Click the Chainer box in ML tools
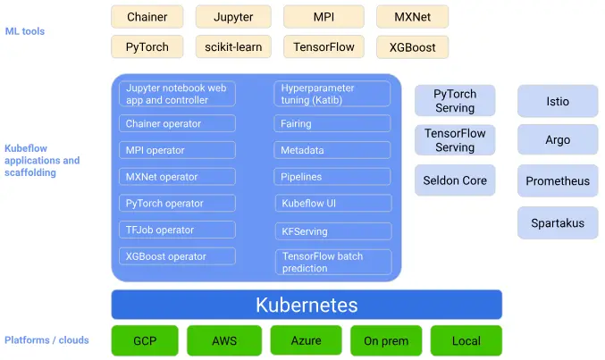click(147, 17)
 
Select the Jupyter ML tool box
click(232, 17)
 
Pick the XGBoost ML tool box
click(412, 47)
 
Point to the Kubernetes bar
click(307, 305)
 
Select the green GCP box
click(145, 340)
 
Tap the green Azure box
click(306, 340)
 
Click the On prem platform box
click(384, 340)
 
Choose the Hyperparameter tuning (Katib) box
click(332, 94)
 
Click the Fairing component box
click(332, 124)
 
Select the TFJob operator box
click(177, 230)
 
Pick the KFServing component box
click(332, 231)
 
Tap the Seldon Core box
click(455, 180)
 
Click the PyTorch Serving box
click(455, 101)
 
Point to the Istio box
click(558, 102)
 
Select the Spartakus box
click(558, 222)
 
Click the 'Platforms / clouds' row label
click(46, 340)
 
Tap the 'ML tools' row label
click(24, 31)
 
